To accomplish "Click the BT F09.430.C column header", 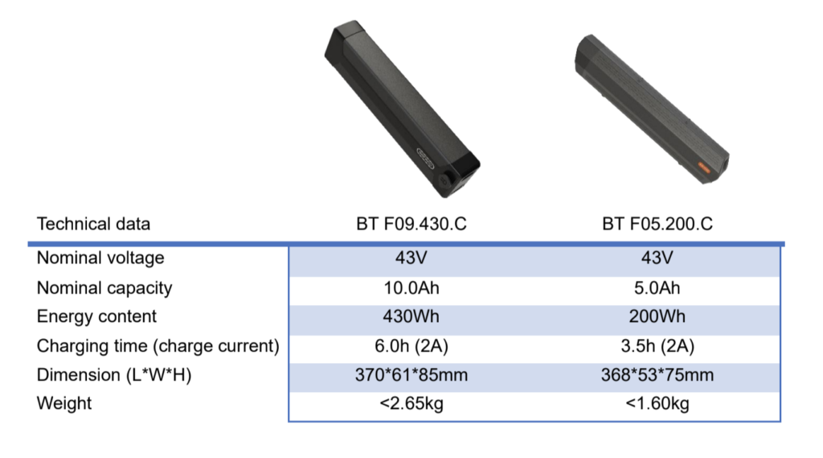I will coord(411,224).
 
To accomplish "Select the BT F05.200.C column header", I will coord(657,224).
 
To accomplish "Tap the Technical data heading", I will coord(93,224).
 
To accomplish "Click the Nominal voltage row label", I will coord(100,258).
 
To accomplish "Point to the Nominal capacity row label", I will coord(104,287).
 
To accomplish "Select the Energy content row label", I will coord(96,316).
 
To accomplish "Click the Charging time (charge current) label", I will coord(158,346).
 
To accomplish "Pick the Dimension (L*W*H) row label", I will coord(113,375).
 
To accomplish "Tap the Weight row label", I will coord(64,403).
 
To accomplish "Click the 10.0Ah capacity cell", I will coord(411,287).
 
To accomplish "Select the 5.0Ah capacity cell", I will coord(657,287).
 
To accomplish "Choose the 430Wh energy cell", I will coord(411,316).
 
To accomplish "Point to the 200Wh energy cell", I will coord(657,316).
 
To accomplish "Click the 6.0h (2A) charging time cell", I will coord(411,346).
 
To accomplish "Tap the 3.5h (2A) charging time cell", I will coord(657,346).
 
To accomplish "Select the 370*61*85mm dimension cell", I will coord(411,375).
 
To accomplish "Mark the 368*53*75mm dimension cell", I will coord(657,375).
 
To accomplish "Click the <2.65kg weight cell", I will coord(411,403).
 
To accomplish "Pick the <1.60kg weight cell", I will coord(657,403).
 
